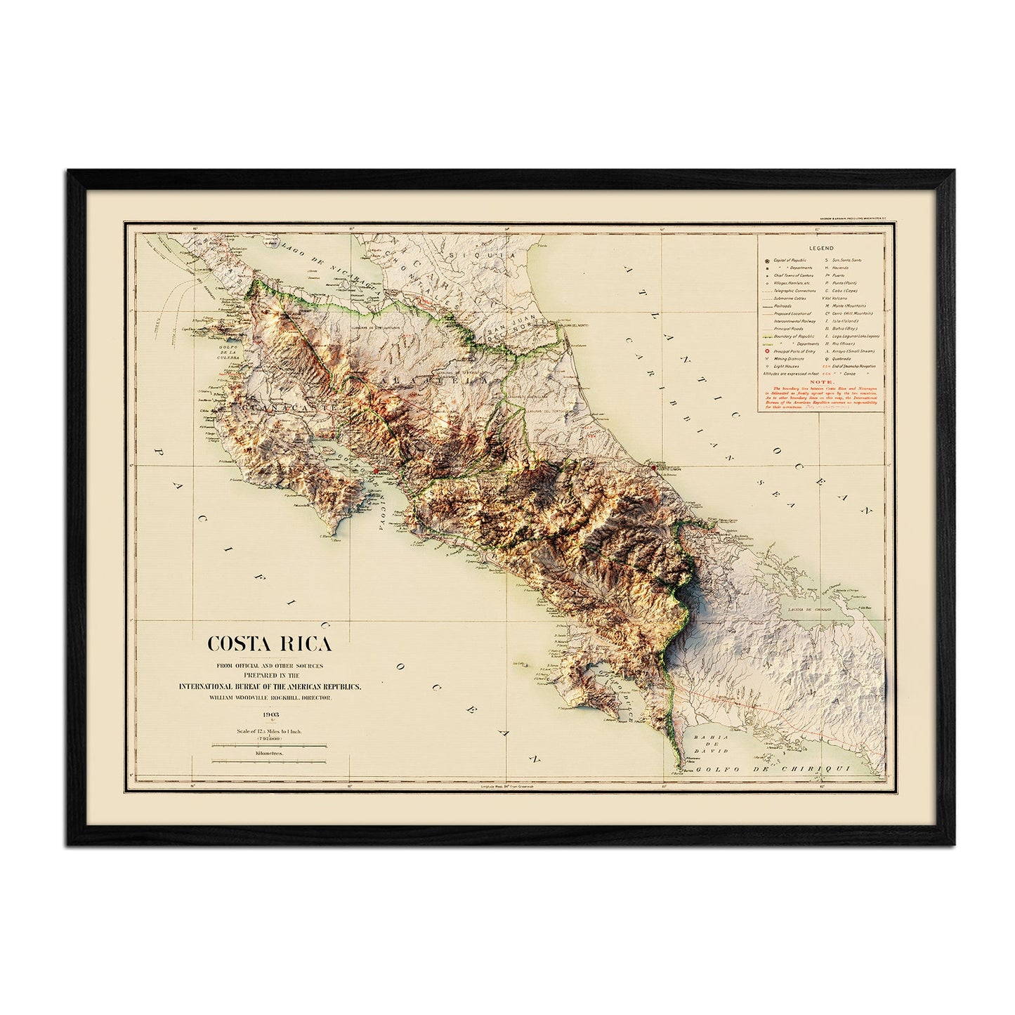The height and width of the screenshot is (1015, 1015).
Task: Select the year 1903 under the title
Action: pos(268,714)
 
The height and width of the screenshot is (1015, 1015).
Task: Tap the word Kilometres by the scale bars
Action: pos(268,752)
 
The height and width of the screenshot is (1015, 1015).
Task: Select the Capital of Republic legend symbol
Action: pos(766,260)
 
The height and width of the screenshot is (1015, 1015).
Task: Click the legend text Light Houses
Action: pos(786,367)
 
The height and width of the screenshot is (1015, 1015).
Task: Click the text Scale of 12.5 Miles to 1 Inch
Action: pos(268,731)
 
